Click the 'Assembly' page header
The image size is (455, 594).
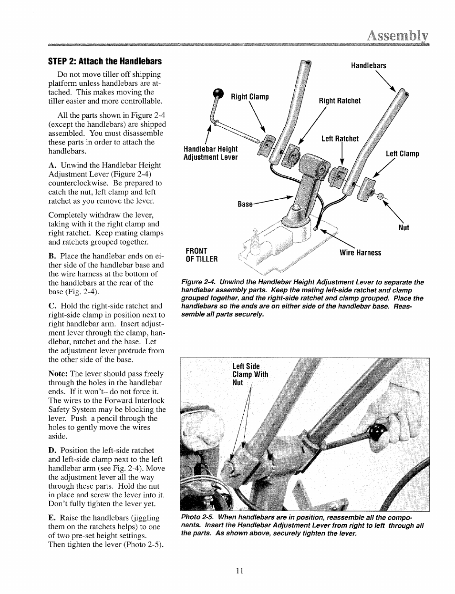(x=397, y=36)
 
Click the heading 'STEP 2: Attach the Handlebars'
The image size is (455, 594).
(x=105, y=61)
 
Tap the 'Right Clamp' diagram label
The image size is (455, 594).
(x=250, y=97)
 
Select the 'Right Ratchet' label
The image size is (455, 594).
(x=340, y=101)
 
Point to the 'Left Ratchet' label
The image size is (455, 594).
(x=340, y=139)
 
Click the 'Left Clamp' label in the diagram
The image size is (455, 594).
(x=402, y=154)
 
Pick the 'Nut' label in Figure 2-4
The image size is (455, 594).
(x=403, y=228)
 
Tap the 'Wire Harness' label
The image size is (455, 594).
(x=360, y=253)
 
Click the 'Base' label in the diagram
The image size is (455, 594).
(x=245, y=204)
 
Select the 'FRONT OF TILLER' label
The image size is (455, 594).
(x=201, y=255)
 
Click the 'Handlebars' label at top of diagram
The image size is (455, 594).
(x=368, y=66)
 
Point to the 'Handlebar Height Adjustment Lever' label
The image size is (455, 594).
(x=210, y=154)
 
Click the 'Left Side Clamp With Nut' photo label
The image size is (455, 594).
(x=250, y=374)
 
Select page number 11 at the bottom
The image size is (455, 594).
(x=239, y=571)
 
